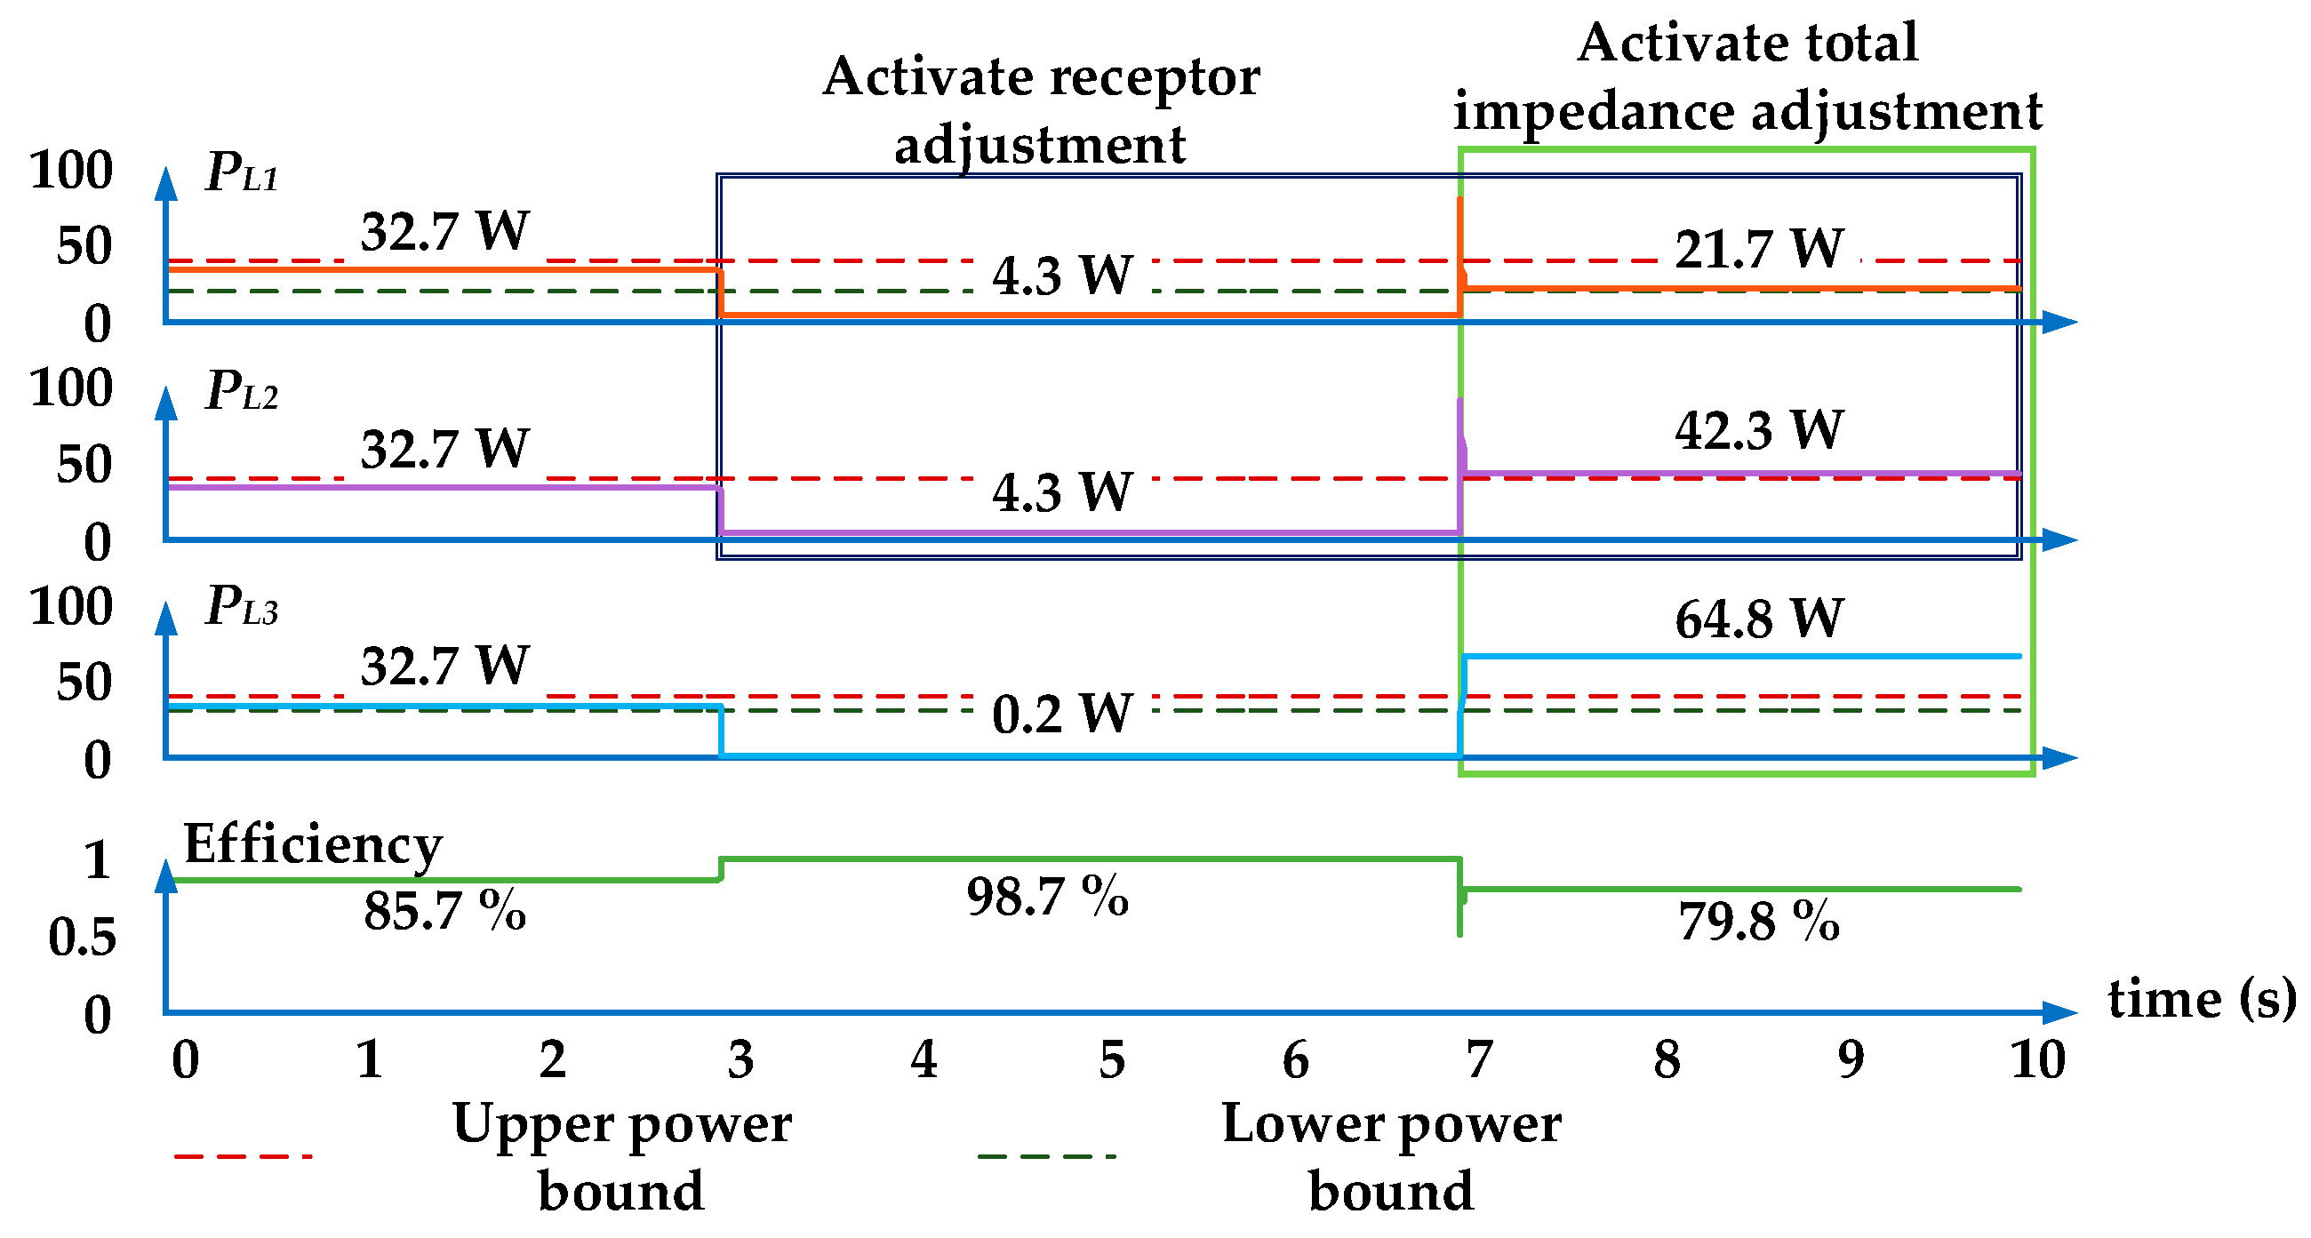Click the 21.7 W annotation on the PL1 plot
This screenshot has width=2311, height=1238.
click(x=1758, y=250)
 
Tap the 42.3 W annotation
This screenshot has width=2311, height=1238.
click(x=1758, y=431)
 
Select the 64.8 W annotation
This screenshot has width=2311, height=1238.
click(x=1758, y=619)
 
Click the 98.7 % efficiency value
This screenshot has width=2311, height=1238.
click(x=1047, y=896)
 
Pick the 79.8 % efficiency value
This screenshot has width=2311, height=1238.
click(x=1758, y=923)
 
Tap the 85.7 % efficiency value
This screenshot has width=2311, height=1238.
click(x=444, y=912)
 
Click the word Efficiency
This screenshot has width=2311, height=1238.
click(x=313, y=845)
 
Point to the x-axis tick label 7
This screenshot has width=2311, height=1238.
click(x=1479, y=1060)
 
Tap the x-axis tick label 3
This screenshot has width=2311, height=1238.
click(x=740, y=1060)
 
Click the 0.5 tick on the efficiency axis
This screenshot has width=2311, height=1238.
click(x=83, y=938)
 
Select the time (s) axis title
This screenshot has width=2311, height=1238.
click(x=2202, y=999)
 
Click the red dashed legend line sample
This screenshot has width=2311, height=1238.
click(x=244, y=1156)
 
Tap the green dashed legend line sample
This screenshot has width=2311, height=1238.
click(x=1046, y=1156)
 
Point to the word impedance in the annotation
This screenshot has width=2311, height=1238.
click(x=1594, y=113)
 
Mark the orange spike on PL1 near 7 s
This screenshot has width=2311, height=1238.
click(x=1460, y=224)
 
